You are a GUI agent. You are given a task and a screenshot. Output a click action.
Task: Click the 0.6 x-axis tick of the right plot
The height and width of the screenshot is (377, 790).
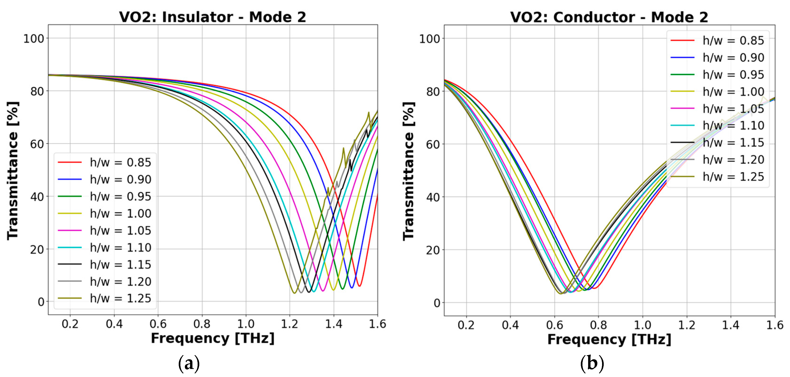click(x=554, y=325)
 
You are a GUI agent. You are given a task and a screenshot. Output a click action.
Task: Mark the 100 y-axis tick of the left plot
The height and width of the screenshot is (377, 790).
click(x=34, y=39)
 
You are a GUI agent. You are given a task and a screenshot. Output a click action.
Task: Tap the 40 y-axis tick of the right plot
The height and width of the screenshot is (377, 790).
click(x=433, y=197)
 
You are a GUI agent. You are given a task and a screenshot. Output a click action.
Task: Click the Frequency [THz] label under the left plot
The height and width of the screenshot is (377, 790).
click(x=212, y=338)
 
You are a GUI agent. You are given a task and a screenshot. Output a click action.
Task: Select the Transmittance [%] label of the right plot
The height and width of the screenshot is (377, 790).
click(x=409, y=171)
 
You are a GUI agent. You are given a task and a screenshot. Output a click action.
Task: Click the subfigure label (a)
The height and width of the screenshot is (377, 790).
click(x=189, y=364)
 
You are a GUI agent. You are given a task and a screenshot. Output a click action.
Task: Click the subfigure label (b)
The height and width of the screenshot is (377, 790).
click(x=592, y=364)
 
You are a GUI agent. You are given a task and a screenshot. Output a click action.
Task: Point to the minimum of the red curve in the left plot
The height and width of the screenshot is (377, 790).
click(x=359, y=286)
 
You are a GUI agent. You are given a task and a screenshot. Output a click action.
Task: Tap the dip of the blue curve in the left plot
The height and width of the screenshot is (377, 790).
click(x=352, y=288)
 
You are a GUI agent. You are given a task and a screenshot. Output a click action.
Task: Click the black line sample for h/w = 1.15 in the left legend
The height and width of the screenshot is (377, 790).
click(x=70, y=264)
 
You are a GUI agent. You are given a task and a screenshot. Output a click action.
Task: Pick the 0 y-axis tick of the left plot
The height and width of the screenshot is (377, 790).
click(x=41, y=302)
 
